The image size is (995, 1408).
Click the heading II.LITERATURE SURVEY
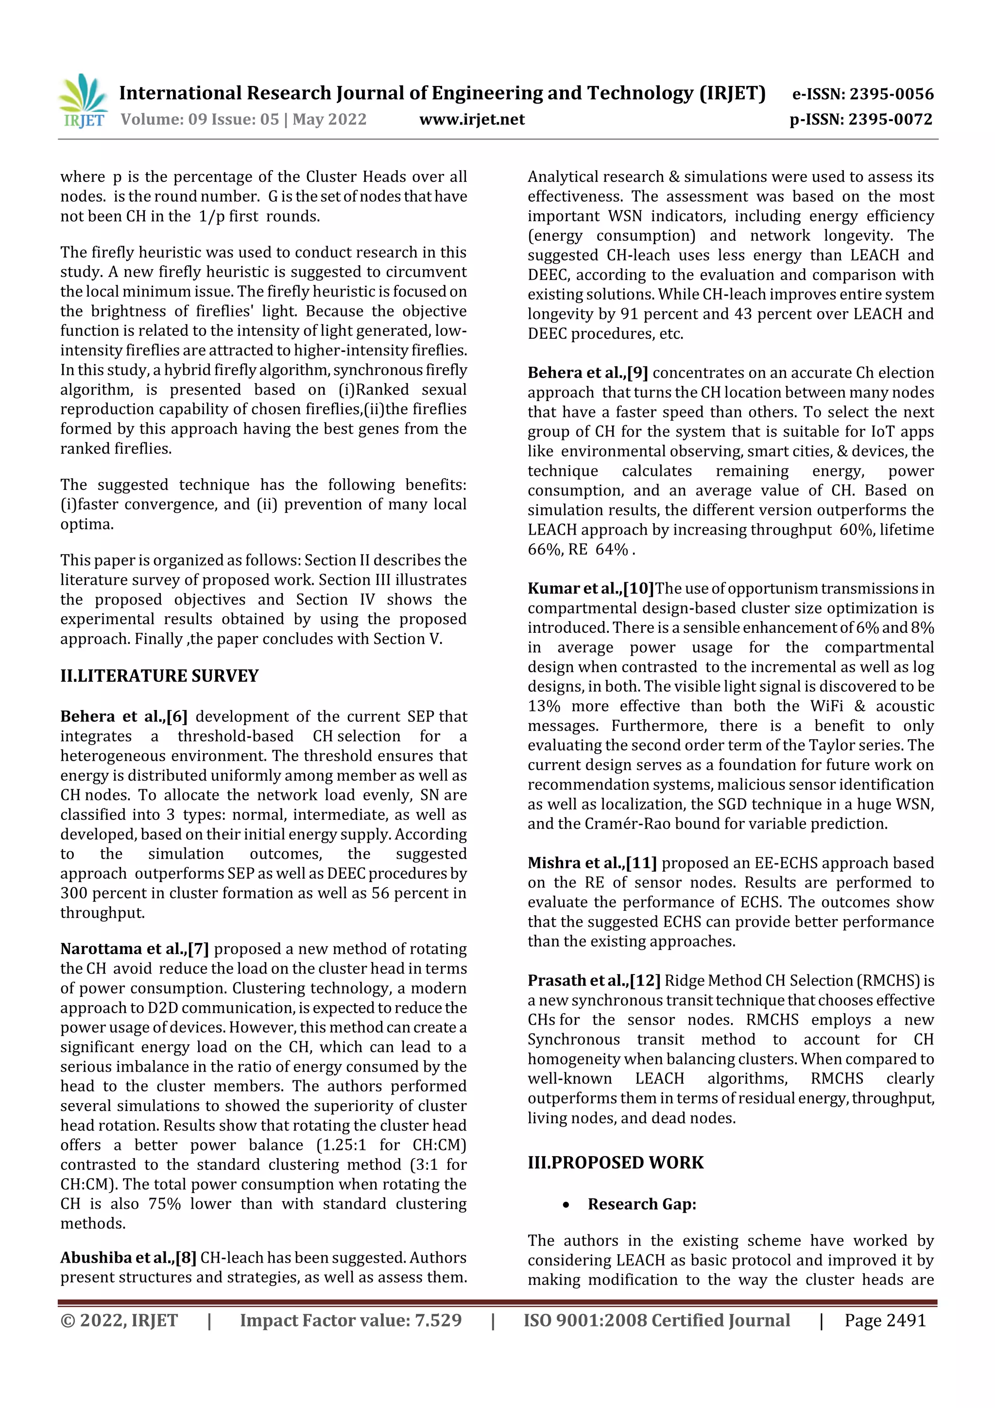tap(159, 676)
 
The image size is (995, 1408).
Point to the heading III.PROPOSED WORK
tap(616, 1163)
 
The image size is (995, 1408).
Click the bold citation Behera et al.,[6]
tap(123, 716)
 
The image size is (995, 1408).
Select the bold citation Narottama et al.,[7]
tap(134, 949)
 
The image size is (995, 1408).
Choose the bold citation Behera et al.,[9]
tap(587, 373)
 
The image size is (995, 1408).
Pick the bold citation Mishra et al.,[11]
tap(592, 863)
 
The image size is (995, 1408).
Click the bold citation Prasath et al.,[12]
tap(593, 981)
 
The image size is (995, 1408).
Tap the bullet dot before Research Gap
tap(566, 1205)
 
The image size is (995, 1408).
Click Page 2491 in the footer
tap(885, 1321)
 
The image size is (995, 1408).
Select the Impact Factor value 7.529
tap(438, 1321)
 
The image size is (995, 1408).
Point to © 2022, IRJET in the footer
tap(119, 1321)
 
